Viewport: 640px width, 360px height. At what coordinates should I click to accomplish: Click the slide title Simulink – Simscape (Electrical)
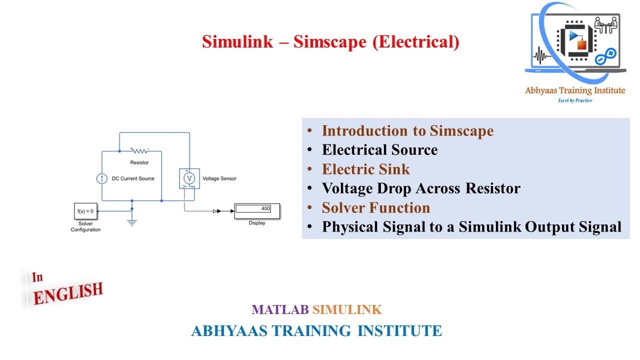tap(330, 41)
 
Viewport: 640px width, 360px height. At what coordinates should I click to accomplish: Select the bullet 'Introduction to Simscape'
tap(407, 131)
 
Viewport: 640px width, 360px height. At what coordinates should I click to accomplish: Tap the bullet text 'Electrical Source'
tap(379, 150)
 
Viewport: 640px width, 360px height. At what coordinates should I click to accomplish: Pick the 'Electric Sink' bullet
tap(365, 169)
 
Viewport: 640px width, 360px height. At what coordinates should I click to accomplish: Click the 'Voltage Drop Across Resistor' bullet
tap(421, 188)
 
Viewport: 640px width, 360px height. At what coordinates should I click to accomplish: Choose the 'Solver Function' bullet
tap(375, 207)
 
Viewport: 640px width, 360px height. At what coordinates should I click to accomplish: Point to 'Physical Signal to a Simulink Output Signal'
tap(471, 227)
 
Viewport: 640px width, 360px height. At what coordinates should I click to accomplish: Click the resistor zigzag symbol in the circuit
tap(139, 150)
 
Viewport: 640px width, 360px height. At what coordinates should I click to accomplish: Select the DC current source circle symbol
tap(101, 178)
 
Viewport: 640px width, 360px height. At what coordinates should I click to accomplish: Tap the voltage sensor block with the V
tap(189, 178)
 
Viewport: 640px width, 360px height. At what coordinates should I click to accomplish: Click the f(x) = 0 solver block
tap(85, 211)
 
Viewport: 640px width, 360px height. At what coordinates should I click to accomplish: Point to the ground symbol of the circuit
tap(132, 222)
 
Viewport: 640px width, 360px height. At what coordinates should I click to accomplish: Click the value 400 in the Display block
tap(265, 208)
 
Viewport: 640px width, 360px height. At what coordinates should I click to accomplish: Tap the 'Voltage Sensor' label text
tap(219, 178)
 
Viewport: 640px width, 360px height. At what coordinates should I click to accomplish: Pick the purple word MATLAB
tap(280, 310)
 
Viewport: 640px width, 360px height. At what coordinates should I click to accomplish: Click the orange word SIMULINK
tap(347, 310)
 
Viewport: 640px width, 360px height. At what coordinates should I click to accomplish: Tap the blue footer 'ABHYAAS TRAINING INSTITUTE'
tap(316, 330)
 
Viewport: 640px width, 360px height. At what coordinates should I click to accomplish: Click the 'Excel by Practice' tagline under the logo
tap(574, 100)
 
